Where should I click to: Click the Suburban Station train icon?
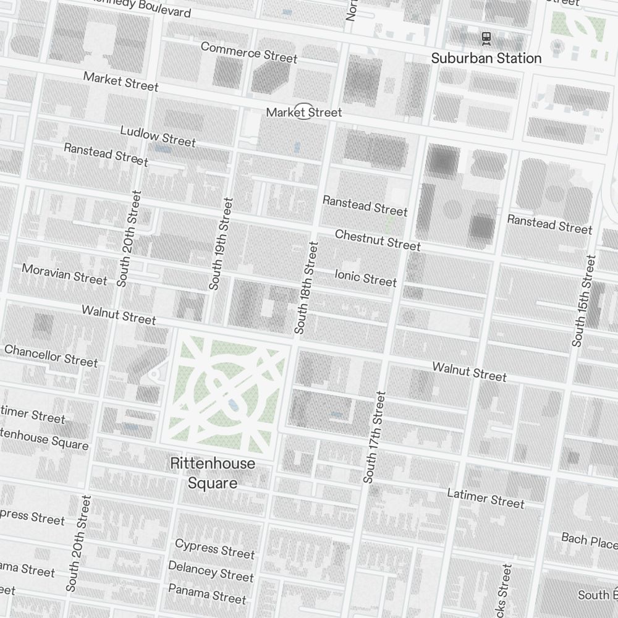pos(486,38)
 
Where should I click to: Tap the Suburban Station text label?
pos(486,58)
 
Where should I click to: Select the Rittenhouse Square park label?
pos(212,473)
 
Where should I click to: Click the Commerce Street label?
pos(249,53)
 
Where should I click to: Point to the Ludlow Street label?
pos(158,137)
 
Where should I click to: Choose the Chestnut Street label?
pos(378,240)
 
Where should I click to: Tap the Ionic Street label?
pos(365,277)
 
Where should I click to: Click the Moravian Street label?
pos(64,274)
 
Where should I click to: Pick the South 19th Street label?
pos(221,243)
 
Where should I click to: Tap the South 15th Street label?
pos(583,301)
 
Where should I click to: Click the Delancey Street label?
pos(211,571)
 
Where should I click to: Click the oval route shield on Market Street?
pos(303,111)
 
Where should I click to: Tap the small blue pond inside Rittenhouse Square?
pos(232,404)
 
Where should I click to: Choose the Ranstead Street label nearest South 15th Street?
pos(549,224)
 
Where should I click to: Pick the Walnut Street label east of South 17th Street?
pos(469,372)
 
